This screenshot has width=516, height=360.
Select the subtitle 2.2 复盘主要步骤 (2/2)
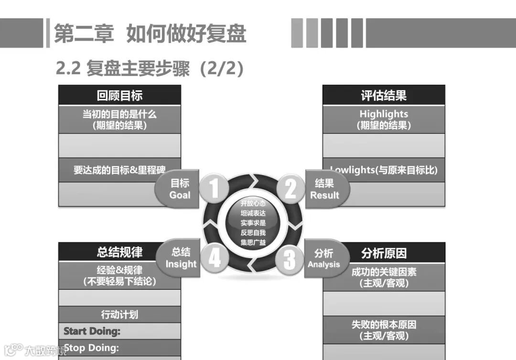150,69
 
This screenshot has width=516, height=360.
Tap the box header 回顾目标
119,95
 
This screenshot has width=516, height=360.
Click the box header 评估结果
384,95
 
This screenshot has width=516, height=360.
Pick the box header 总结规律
119,252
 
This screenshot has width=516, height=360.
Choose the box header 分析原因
384,252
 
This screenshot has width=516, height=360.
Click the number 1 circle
214,188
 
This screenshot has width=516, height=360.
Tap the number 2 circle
290,188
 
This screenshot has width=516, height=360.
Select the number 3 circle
290,260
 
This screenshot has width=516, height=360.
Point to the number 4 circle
214,259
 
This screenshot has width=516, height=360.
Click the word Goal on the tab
180,195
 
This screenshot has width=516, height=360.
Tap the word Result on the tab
324,195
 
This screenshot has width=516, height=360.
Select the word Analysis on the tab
323,264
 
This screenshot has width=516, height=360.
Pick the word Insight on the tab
181,264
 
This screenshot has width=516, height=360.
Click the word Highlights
384,114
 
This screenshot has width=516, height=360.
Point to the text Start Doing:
92,331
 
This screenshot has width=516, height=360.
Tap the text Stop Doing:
91,348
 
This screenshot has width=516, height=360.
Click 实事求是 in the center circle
253,222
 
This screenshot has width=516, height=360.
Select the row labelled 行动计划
119,315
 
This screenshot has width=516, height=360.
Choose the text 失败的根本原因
384,325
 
